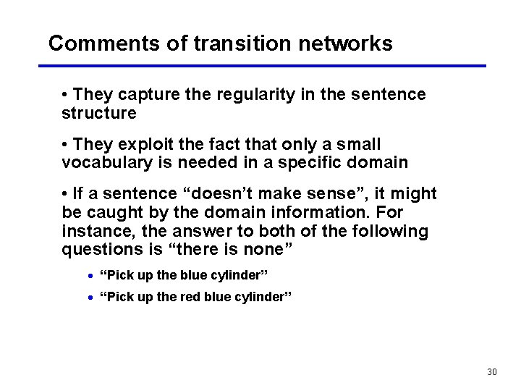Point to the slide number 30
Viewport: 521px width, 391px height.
click(x=492, y=372)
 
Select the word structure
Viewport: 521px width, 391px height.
click(x=99, y=113)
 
